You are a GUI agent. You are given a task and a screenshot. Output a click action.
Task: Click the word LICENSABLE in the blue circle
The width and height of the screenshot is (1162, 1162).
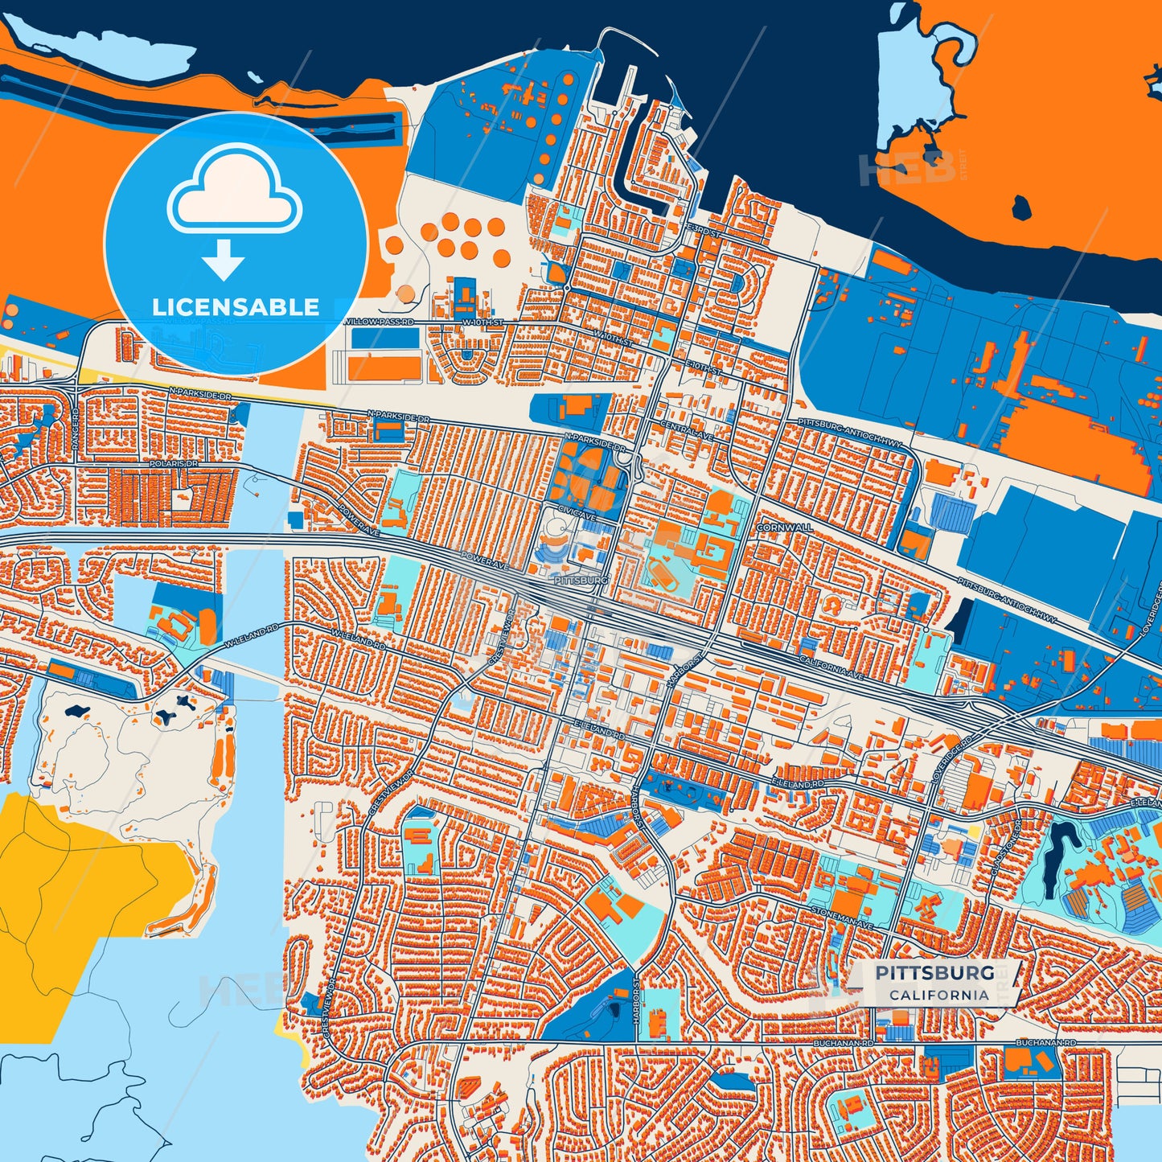[236, 307]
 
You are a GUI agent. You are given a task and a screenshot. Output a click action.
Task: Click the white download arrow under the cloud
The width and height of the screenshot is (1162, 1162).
[224, 258]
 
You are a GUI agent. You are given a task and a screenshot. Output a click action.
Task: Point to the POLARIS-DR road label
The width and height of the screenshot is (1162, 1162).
[173, 464]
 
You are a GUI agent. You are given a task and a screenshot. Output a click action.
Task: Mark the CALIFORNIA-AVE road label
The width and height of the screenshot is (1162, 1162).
[831, 667]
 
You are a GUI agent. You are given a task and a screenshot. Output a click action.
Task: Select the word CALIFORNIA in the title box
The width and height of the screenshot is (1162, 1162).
[938, 995]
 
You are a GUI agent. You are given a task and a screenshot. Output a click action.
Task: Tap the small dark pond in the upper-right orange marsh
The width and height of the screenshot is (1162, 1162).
[1022, 207]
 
